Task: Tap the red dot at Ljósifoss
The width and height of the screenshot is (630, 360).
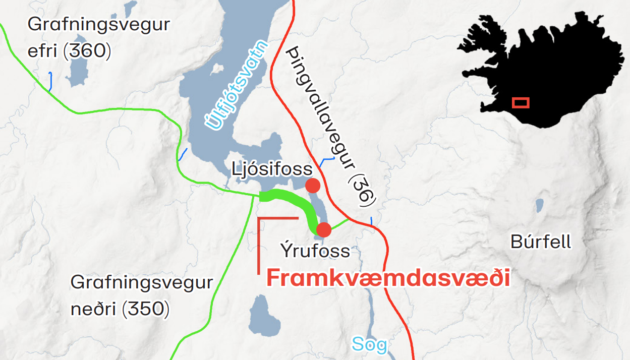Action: pyautogui.click(x=313, y=186)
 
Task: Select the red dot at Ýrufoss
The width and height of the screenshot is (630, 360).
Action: pyautogui.click(x=323, y=230)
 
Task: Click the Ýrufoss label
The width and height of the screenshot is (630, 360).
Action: pyautogui.click(x=315, y=251)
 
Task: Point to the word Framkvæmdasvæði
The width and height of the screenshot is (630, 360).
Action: pyautogui.click(x=387, y=278)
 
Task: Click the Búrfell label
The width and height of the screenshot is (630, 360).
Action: pyautogui.click(x=541, y=242)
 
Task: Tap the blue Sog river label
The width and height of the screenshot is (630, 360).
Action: pyautogui.click(x=370, y=344)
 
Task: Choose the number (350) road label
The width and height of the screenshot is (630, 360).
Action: pyautogui.click(x=145, y=309)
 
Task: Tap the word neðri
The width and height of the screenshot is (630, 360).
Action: pyautogui.click(x=93, y=309)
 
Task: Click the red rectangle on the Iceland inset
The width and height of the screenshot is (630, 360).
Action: pyautogui.click(x=521, y=102)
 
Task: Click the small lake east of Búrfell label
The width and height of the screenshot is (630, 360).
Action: pyautogui.click(x=540, y=205)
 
